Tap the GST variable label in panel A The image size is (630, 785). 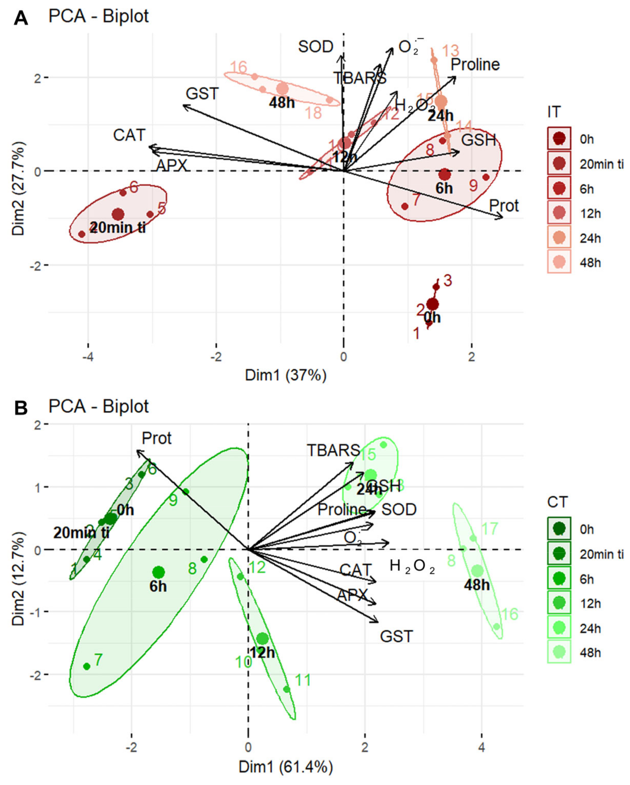pos(202,94)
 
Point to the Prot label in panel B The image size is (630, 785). pos(156,438)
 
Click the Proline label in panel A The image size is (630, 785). pos(475,65)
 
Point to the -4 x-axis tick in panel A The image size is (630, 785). pos(88,357)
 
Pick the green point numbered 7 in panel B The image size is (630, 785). pos(87,666)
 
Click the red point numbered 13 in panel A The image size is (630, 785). pos(434,60)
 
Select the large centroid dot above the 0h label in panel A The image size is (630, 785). pos(432,304)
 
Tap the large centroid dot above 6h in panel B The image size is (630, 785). pos(159,572)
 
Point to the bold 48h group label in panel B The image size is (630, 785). pos(477,585)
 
